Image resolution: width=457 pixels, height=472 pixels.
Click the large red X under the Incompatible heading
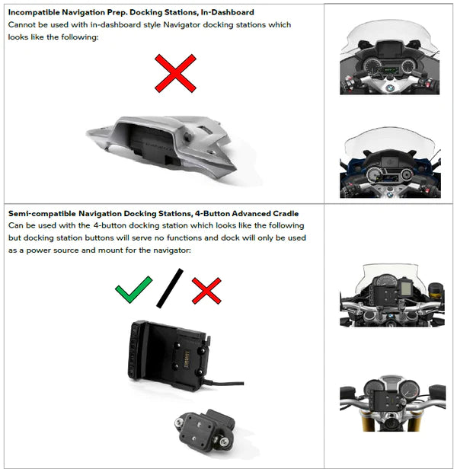click(175, 73)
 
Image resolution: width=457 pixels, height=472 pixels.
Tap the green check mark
click(133, 289)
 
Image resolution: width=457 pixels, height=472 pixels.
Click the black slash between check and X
click(170, 288)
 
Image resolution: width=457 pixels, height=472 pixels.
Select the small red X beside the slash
click(206, 291)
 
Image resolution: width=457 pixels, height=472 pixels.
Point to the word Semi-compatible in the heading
click(42, 213)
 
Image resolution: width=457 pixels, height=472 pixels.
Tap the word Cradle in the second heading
click(286, 213)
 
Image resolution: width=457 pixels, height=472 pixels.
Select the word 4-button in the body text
click(110, 225)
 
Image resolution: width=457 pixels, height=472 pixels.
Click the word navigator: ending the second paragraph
click(172, 250)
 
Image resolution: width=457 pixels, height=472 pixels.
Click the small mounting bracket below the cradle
click(205, 429)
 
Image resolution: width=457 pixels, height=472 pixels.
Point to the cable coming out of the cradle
click(225, 383)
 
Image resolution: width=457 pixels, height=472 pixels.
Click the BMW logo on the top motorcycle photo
click(390, 88)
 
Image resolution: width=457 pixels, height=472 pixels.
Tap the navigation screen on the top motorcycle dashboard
click(386, 49)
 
